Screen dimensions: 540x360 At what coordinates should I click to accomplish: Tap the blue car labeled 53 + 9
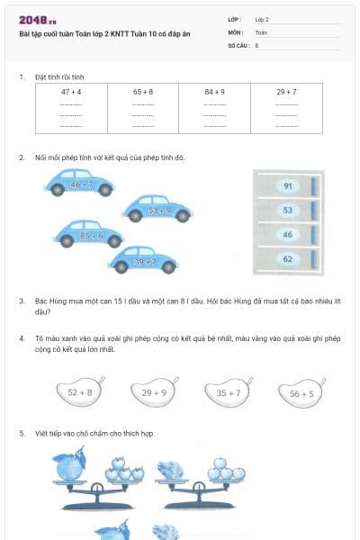point(158,210)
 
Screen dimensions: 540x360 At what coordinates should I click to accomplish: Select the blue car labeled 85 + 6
point(91,235)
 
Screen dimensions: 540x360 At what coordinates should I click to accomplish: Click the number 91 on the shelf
point(287,186)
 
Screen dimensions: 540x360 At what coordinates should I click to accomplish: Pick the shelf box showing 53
point(287,211)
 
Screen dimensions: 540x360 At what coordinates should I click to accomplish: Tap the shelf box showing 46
point(287,235)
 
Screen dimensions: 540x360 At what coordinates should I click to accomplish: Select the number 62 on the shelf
point(287,259)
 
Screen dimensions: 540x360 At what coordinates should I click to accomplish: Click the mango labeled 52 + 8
point(79,391)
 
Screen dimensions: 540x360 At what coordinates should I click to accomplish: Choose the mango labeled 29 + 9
point(153,391)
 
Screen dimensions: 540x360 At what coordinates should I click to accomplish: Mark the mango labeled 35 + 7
point(227,391)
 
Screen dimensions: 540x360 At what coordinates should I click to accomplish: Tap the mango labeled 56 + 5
point(300,392)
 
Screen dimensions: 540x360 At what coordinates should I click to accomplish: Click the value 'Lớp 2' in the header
point(262,19)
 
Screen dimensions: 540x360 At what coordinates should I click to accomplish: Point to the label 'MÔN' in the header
point(235,31)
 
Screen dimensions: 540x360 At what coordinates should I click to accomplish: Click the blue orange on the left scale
point(68,469)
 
